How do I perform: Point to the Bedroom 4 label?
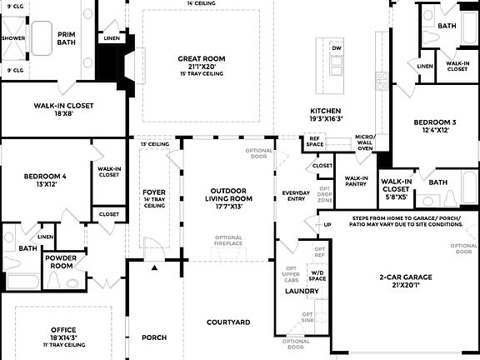[45, 176]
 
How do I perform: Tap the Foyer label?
[154, 192]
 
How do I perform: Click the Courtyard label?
[228, 322]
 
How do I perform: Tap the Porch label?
[154, 337]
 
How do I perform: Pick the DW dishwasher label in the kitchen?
[337, 49]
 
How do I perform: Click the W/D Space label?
[317, 275]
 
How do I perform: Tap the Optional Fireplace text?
[229, 242]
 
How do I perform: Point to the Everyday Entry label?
[296, 197]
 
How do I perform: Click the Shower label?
[13, 38]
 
